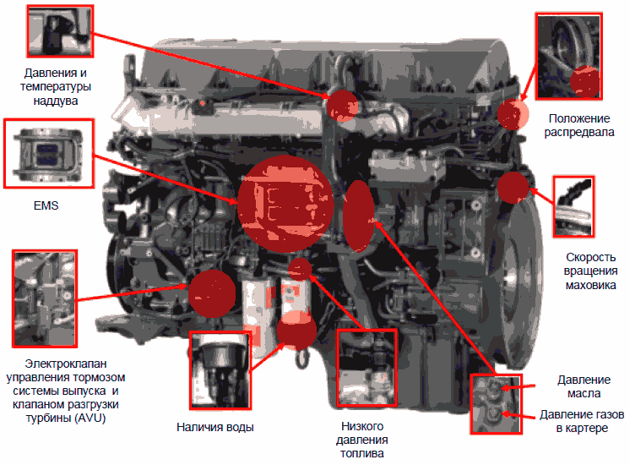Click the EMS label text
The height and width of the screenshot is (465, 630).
point(46,205)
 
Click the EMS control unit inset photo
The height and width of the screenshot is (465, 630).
point(49,153)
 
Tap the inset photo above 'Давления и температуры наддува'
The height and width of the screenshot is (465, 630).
point(60,31)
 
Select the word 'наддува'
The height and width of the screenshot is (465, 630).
point(56,101)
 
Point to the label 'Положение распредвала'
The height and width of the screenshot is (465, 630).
point(579,125)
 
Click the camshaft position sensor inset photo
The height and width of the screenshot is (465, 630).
point(568,56)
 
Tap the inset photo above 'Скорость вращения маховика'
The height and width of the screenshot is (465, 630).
point(573,206)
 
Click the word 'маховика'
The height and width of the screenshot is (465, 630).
point(590,285)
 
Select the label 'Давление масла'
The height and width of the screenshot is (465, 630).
point(584,386)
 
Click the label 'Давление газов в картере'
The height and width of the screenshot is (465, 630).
point(582,421)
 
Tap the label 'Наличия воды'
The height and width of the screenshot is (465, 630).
point(215,427)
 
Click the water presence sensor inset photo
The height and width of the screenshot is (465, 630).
point(220,370)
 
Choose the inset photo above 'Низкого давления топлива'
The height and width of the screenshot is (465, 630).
point(367,368)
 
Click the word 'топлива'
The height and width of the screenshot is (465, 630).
point(362,453)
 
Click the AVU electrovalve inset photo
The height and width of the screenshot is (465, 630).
point(45,298)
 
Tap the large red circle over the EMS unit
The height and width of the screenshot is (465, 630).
point(285,204)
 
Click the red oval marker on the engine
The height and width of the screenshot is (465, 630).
point(358,216)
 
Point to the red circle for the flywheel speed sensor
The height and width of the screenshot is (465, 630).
point(513,188)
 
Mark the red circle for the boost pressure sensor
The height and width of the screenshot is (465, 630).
point(342,106)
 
